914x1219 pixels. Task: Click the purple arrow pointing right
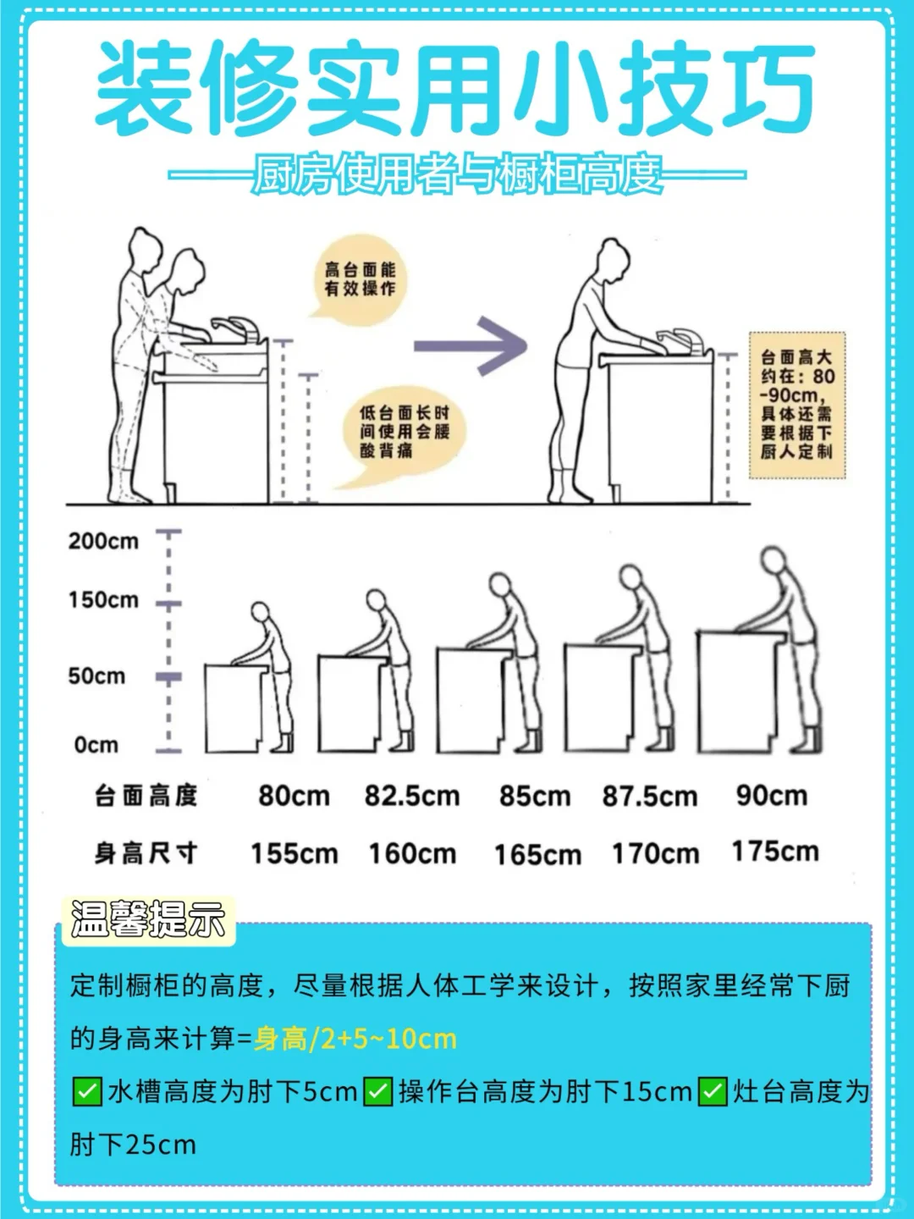(x=470, y=346)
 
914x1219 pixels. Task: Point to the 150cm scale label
(x=103, y=600)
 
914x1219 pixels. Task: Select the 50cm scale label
(x=96, y=676)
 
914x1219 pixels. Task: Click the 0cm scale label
(x=96, y=745)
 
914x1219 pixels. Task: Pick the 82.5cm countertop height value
(x=412, y=797)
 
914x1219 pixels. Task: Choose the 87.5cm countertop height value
(x=650, y=797)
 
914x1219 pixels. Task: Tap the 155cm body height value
(x=295, y=853)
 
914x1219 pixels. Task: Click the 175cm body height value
(x=775, y=852)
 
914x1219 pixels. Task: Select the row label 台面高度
(x=146, y=796)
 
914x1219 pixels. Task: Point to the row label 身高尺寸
(x=146, y=853)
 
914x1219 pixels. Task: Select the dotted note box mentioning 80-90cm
(x=797, y=405)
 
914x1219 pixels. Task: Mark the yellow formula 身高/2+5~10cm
(x=355, y=1039)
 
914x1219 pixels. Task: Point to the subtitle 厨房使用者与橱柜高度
(x=457, y=174)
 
